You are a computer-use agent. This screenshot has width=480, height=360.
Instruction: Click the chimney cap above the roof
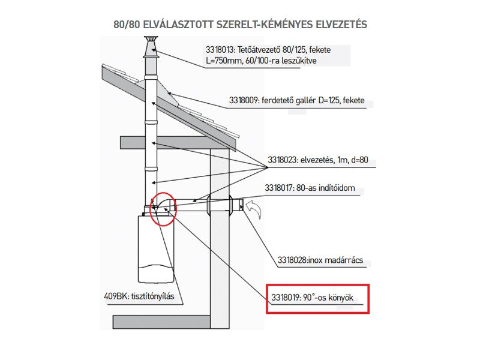coord(149,44)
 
